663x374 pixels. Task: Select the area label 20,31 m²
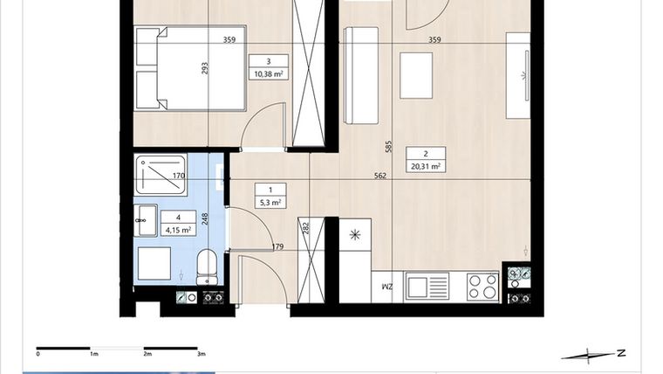pyautogui.click(x=425, y=165)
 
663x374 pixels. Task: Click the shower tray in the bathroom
pyautogui.click(x=161, y=174)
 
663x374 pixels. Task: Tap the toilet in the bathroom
pyautogui.click(x=207, y=266)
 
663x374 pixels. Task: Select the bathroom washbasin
pyautogui.click(x=146, y=220)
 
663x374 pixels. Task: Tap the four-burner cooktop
pyautogui.click(x=482, y=286)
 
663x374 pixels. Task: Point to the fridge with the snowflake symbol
pyautogui.click(x=353, y=234)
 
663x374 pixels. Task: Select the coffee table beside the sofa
pyautogui.click(x=417, y=76)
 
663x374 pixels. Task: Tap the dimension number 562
pyautogui.click(x=379, y=176)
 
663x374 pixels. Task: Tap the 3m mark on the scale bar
pyautogui.click(x=201, y=354)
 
